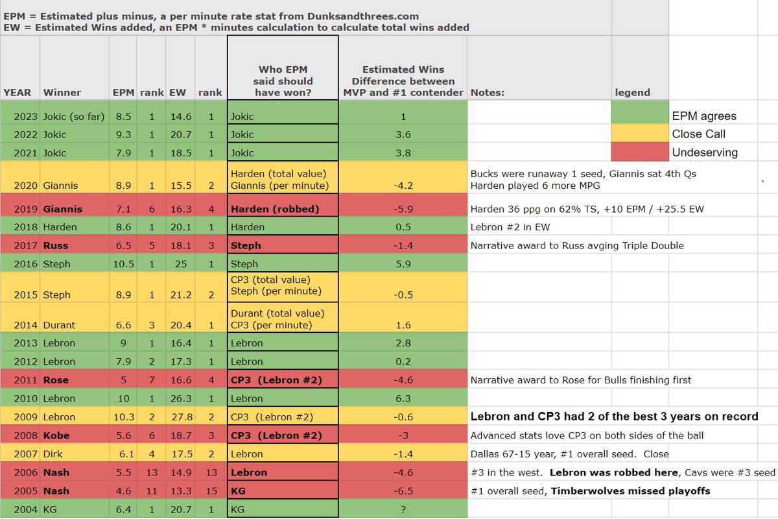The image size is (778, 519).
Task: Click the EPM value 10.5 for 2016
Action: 123,264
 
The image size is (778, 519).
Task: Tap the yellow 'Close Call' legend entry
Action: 698,134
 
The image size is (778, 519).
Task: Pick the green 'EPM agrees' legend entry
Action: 703,116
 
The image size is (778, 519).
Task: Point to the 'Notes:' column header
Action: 488,92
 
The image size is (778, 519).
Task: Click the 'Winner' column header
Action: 62,92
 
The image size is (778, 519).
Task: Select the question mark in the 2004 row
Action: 403,509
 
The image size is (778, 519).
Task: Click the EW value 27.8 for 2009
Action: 180,416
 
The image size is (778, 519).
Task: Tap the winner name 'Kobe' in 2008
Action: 56,435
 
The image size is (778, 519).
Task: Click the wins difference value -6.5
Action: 403,491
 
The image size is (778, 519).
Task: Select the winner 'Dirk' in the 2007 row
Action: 54,454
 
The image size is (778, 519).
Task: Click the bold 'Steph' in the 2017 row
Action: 246,246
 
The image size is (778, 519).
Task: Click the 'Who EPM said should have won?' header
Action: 283,81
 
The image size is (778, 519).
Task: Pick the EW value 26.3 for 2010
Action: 180,398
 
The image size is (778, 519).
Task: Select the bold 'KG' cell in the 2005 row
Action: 238,491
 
